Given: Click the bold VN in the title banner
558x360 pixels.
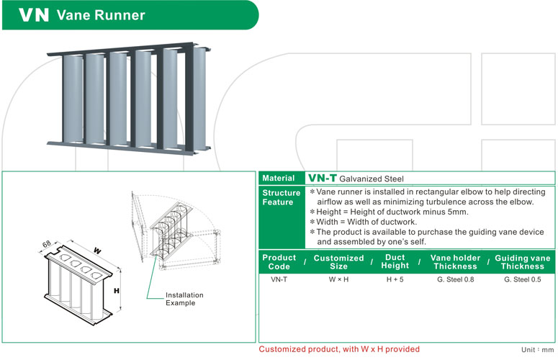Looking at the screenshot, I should [34, 15].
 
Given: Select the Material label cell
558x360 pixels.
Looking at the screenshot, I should [279, 178].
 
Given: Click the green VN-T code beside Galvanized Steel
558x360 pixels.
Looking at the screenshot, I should [321, 178].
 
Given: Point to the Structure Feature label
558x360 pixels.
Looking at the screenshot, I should [281, 197].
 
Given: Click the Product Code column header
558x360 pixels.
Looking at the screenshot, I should [279, 262].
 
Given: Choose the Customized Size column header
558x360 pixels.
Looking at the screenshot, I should [338, 262].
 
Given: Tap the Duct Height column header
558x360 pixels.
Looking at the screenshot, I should [395, 261].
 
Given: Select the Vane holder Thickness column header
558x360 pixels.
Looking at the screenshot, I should [455, 262].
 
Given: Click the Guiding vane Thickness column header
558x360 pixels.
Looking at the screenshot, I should [523, 262].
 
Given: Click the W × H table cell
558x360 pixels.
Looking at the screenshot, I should [338, 279].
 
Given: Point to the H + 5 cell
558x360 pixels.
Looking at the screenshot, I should [395, 279].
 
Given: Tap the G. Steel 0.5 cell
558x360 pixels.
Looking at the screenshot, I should [522, 279].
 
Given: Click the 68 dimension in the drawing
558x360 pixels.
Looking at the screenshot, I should [48, 244].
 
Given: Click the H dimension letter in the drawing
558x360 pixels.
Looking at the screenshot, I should [117, 291].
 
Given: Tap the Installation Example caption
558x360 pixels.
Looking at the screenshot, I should [184, 299].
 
